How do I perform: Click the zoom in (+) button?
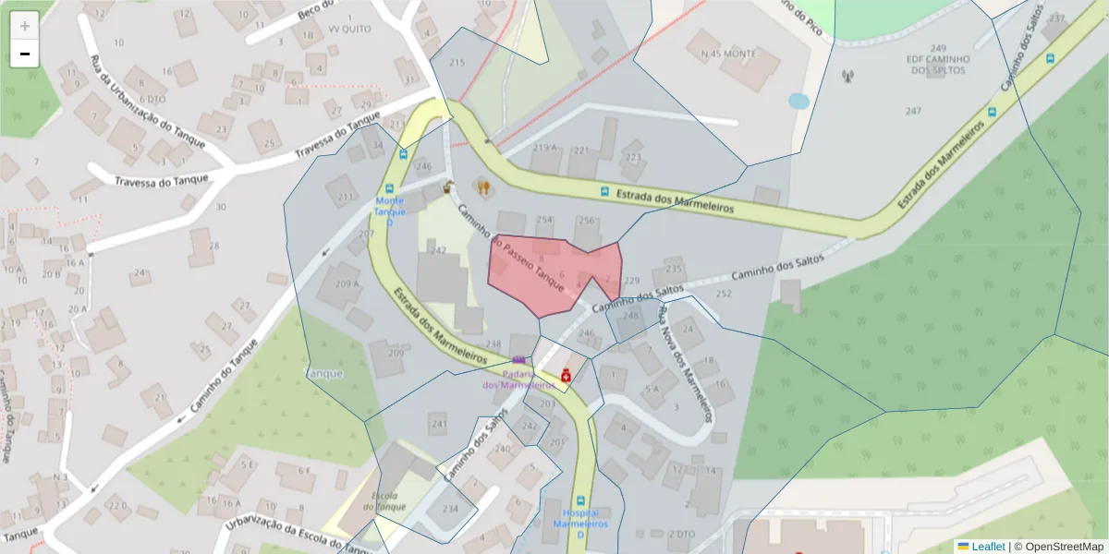25,26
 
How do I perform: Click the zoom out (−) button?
25,54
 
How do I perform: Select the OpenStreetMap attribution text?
1058,547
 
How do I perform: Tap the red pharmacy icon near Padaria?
566,375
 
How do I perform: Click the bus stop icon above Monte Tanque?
402,154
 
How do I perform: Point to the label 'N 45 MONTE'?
728,54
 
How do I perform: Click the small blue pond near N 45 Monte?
798,100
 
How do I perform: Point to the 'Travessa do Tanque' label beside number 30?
162,181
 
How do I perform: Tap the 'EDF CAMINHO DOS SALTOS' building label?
938,65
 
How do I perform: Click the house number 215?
457,62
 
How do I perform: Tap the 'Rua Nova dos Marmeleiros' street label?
686,363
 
